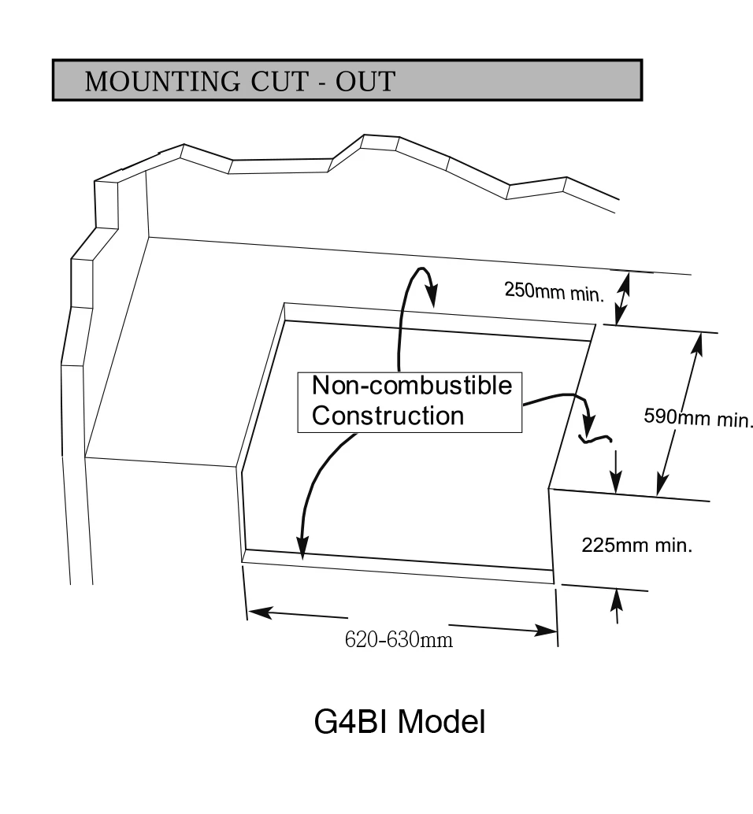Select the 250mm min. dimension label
click(x=554, y=292)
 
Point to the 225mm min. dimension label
click(x=636, y=545)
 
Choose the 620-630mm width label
click(x=399, y=639)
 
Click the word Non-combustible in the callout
click(x=411, y=386)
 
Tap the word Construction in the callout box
click(x=388, y=416)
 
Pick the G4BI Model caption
click(x=399, y=721)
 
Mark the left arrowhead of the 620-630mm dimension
click(x=258, y=612)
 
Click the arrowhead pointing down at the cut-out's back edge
click(x=432, y=297)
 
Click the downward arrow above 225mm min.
click(x=616, y=472)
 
